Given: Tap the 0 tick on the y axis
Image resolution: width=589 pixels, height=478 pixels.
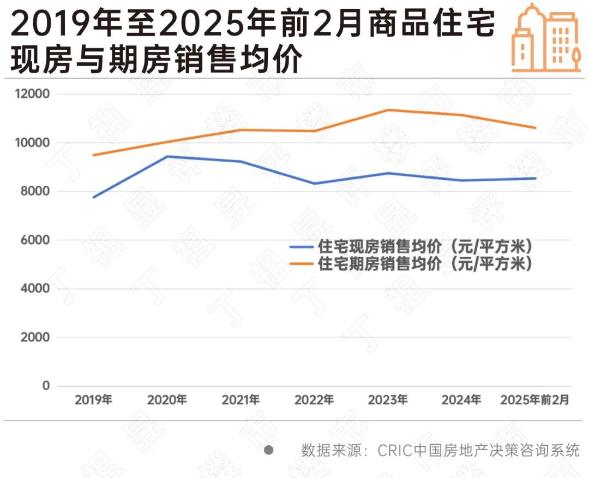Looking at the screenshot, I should [46, 386].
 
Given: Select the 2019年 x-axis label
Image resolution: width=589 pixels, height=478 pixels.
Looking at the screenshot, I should [93, 400].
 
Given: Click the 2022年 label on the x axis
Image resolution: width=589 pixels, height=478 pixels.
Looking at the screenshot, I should [314, 400].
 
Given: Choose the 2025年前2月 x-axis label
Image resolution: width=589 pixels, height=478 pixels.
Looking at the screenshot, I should [535, 400].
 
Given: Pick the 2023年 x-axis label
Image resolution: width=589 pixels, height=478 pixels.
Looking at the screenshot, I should [388, 400].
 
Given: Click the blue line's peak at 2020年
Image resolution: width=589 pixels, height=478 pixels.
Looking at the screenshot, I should [167, 156].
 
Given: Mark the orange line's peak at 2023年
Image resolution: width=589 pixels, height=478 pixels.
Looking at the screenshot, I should [388, 110].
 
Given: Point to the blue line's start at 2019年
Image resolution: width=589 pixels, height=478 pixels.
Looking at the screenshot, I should [94, 197].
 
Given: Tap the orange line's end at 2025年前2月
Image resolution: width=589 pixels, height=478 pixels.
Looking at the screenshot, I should [536, 128].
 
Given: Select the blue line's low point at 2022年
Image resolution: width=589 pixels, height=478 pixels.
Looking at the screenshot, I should [315, 184].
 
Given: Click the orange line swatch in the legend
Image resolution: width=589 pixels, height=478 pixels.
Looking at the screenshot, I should [302, 264].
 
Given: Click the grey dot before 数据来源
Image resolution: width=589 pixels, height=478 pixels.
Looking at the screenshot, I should [268, 450].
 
